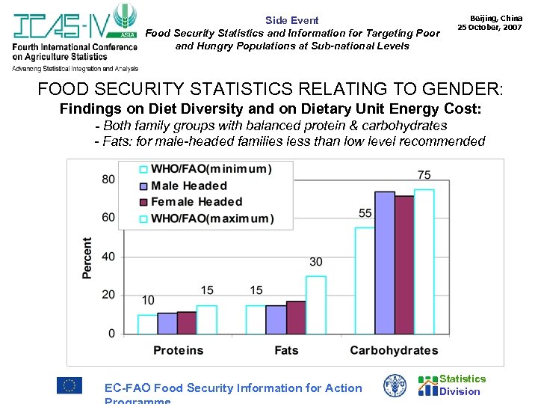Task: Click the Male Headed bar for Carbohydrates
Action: pos(384,263)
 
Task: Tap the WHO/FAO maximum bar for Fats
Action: pos(315,304)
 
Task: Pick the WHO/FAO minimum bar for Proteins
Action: pos(148,324)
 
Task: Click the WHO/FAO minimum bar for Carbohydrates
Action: pos(365,281)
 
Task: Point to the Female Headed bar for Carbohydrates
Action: pos(404,265)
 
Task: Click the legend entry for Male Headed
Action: pos(188,186)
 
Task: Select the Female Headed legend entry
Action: pos(196,201)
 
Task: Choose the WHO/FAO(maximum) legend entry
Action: pos(211,218)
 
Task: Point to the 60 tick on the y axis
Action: pos(108,217)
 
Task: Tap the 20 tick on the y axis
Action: pos(108,295)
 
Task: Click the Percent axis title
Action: pos(87,258)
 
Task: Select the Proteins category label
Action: pos(178,350)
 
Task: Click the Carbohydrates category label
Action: pos(394,350)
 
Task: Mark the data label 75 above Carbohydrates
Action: pos(424,175)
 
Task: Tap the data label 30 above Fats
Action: pos(316,262)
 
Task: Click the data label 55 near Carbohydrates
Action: pos(365,213)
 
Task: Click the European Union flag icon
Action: pos(69,385)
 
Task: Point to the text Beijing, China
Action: pos(495,17)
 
